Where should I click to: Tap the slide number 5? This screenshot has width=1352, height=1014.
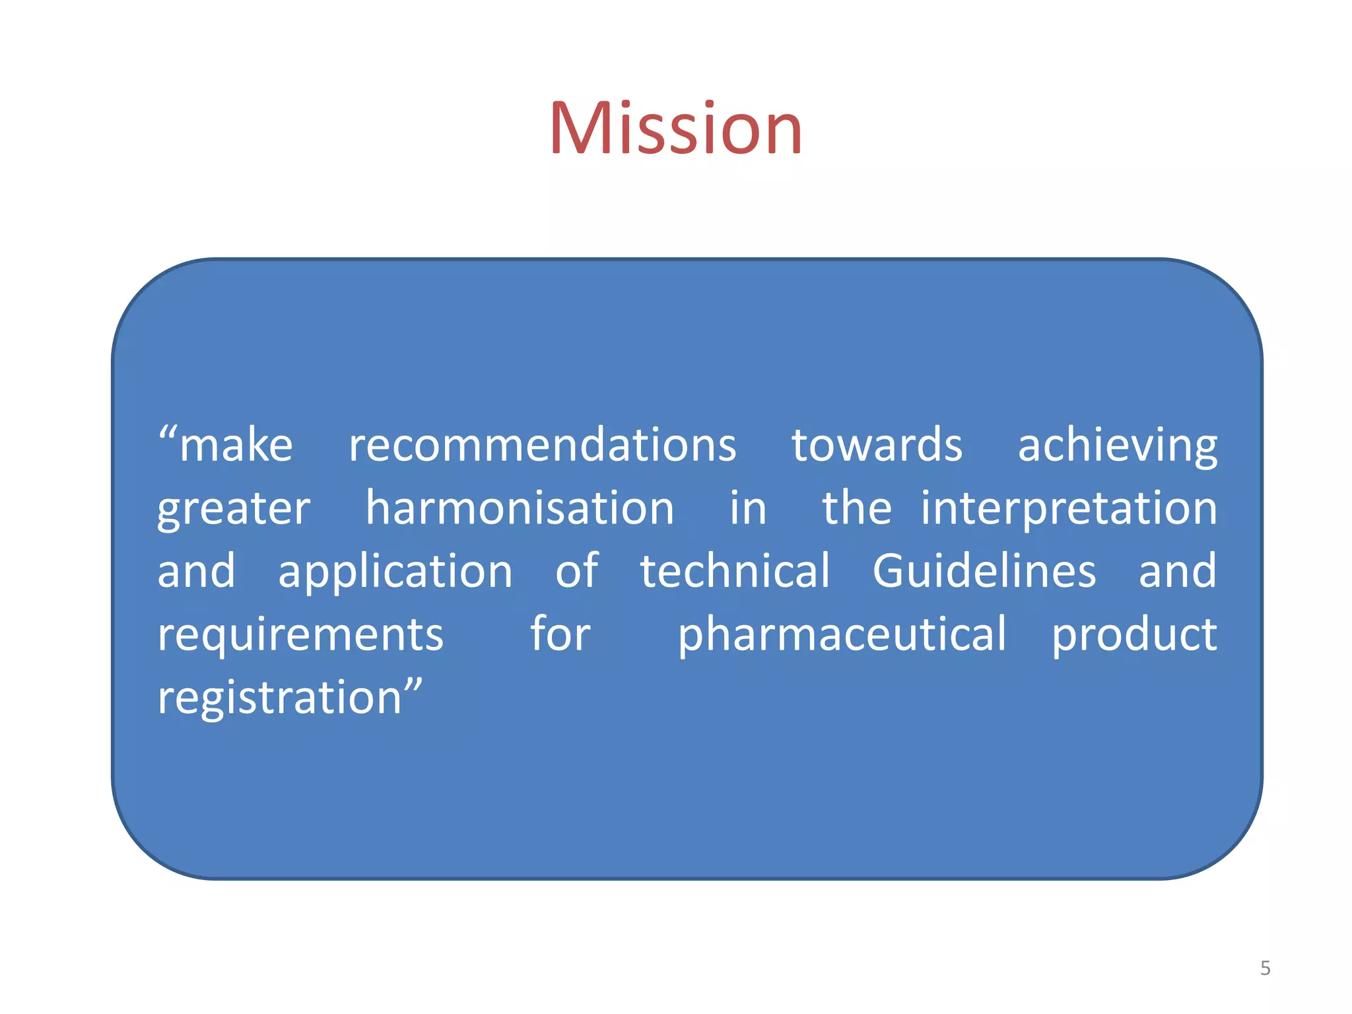1265,968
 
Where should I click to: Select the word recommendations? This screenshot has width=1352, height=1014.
542,445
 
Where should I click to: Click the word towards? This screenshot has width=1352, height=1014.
877,445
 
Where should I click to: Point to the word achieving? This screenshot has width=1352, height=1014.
1117,446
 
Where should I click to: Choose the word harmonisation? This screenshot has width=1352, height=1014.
520,508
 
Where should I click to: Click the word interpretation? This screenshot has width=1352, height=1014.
1069,508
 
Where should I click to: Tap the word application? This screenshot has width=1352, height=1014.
395,572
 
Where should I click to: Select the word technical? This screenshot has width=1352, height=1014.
735,570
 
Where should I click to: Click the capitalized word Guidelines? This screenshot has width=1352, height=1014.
984,570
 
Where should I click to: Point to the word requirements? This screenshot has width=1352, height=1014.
300,634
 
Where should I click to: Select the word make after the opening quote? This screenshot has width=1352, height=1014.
236,446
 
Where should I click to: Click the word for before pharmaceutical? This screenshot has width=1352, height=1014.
560,634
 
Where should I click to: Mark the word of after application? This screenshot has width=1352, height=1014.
577,570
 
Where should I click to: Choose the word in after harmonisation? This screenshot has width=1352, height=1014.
747,508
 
